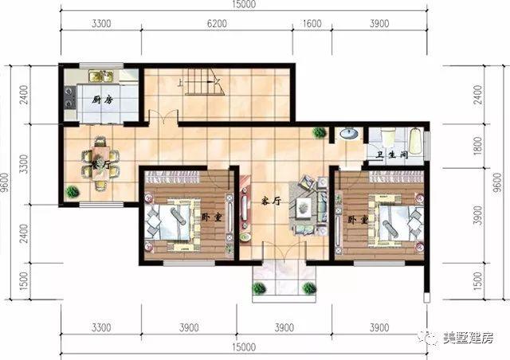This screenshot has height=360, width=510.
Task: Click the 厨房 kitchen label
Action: tap(103, 100)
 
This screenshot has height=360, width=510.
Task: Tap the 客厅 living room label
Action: tap(271, 202)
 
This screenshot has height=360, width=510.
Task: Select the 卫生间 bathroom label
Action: tap(392, 155)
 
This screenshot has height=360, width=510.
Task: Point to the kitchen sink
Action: tap(101, 76)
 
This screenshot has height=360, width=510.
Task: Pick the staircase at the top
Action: tap(202, 83)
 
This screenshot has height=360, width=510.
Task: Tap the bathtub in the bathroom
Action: tap(415, 141)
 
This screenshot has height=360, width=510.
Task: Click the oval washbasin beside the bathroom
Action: tap(349, 133)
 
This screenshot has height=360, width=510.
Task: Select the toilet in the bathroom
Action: tap(387, 136)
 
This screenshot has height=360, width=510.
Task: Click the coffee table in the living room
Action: tap(304, 205)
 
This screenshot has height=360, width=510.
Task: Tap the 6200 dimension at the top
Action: tap(217, 24)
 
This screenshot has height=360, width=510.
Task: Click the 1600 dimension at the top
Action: tap(312, 24)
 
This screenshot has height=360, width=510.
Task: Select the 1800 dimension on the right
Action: tap(477, 146)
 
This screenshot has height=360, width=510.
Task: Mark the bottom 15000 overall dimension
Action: tap(244, 347)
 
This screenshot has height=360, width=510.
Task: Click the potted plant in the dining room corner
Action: tap(72, 191)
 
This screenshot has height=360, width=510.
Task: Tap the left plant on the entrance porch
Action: tap(259, 288)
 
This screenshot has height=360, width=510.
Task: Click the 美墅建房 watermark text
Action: tap(468, 338)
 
